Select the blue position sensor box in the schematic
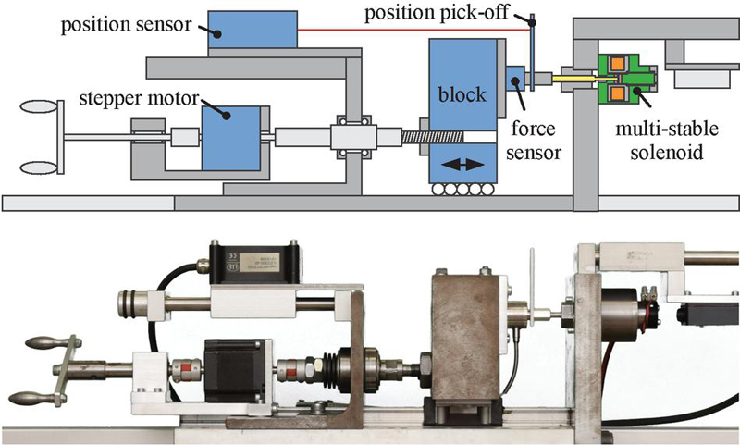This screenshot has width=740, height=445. coord(251,31)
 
